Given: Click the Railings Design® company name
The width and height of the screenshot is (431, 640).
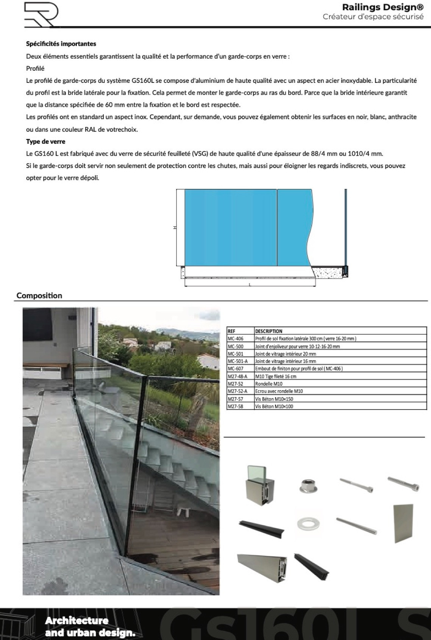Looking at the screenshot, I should pos(383,7).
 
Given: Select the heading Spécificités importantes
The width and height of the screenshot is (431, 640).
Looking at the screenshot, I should pos(61,44).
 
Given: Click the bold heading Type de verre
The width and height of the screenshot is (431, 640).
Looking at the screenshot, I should pos(45,142).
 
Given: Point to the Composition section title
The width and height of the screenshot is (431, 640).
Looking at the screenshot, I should pos(39,296).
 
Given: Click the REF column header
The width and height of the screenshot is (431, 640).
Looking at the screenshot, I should pos(231,331).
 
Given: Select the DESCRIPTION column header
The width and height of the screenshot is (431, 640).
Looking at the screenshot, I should pos(269,331).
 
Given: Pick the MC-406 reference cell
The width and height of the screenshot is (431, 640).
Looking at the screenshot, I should pos(236,339).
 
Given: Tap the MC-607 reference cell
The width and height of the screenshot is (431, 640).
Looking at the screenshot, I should pos(236,369).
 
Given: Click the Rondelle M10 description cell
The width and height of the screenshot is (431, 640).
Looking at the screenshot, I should pos(269,384).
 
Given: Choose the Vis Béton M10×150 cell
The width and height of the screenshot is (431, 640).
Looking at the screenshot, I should pos(274,399).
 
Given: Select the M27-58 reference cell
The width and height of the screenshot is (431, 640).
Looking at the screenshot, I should pos(235,406).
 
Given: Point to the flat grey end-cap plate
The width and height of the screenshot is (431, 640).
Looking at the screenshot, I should pos(403,523).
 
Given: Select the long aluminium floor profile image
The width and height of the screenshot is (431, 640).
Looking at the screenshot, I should pos(262,568).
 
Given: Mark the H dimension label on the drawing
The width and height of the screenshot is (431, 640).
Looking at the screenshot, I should pos(175,227).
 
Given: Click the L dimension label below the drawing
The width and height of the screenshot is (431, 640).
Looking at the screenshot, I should pos(250,284).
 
